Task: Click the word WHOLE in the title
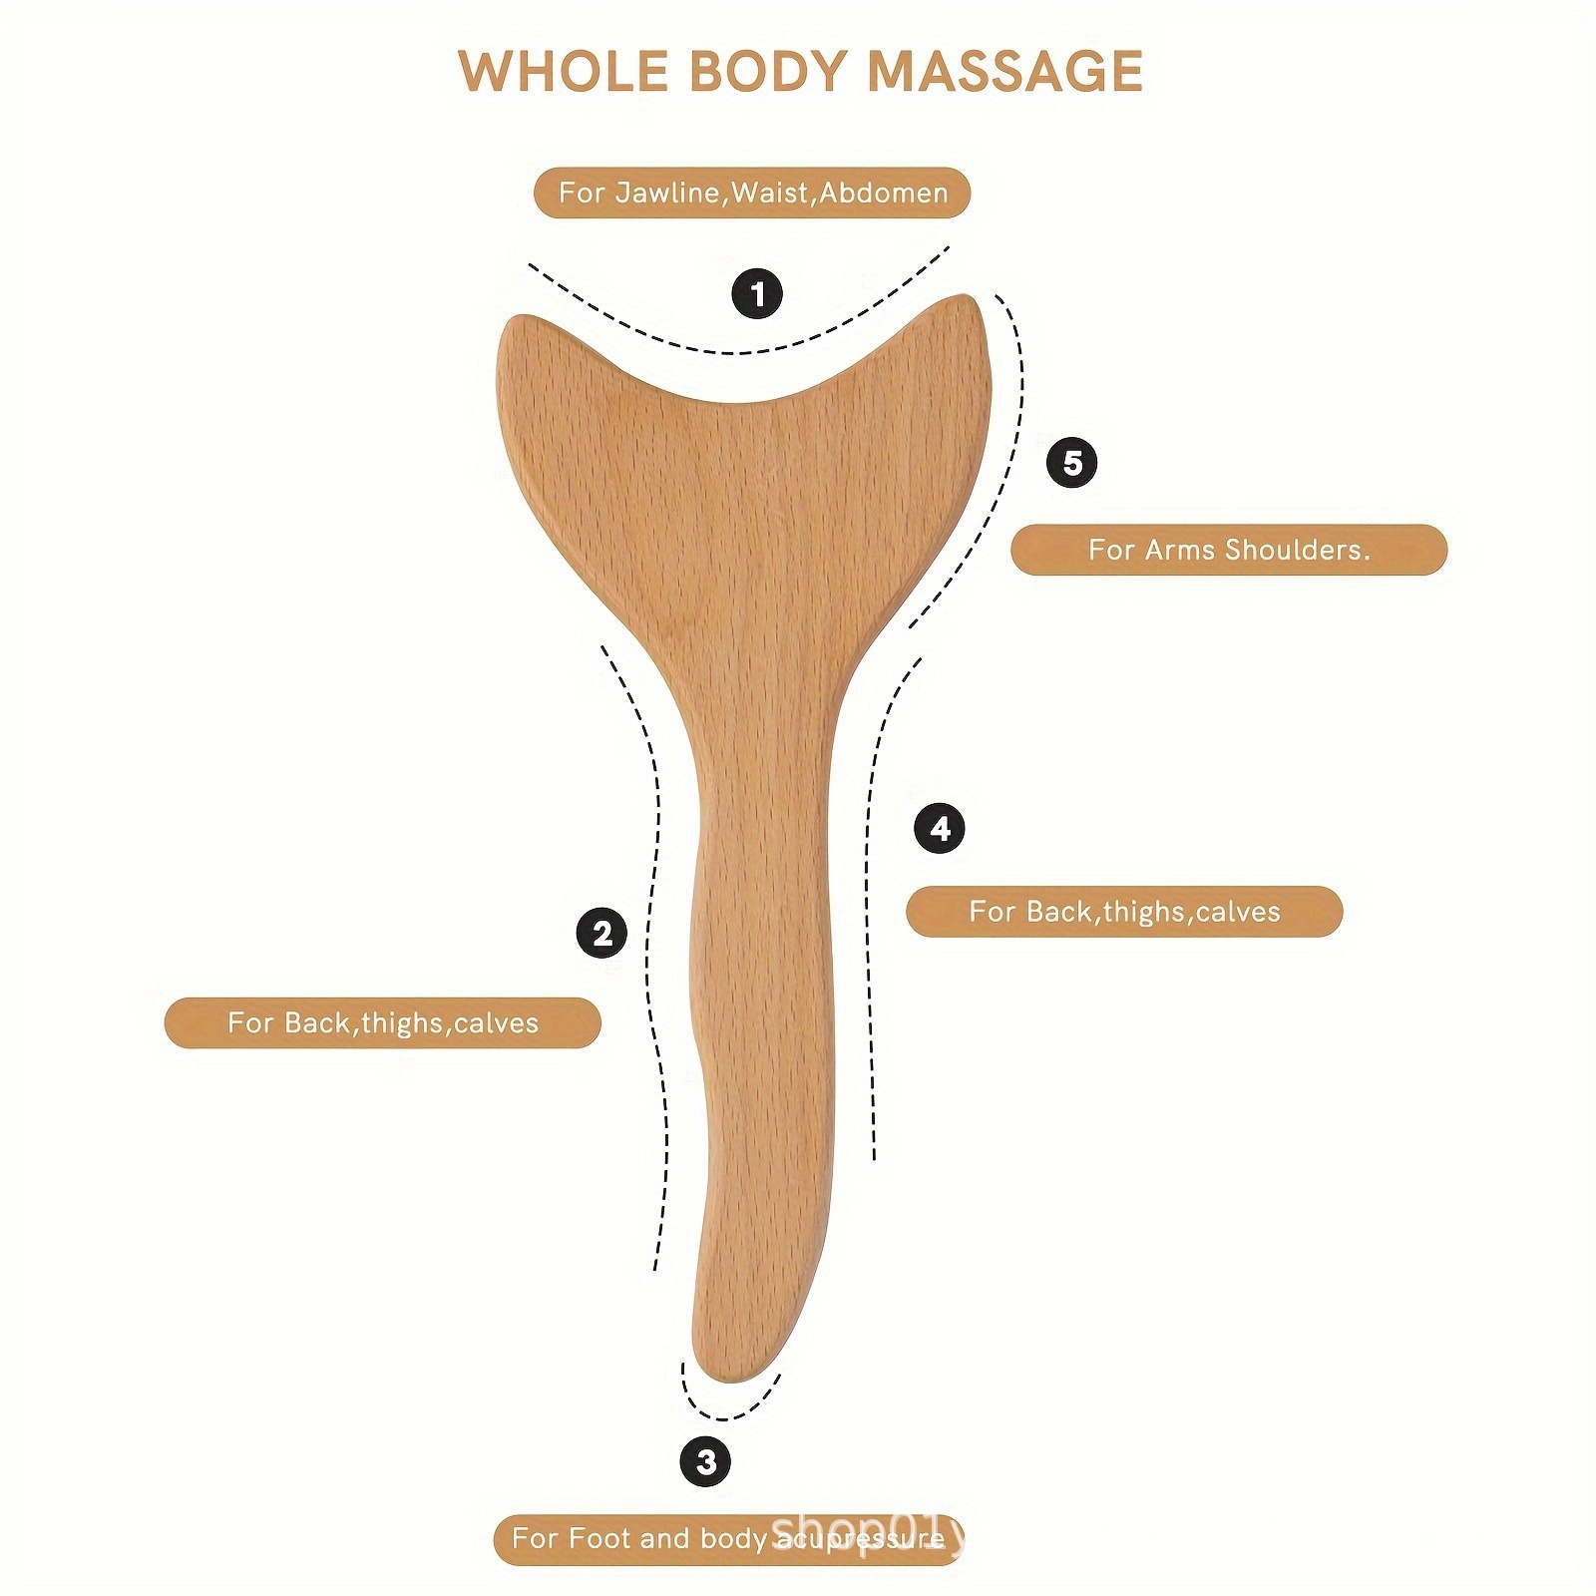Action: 563,72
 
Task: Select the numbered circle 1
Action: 757,294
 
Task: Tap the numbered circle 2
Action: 601,934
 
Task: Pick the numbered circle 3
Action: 705,1461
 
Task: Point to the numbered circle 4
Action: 939,828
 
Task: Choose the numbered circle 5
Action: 1071,463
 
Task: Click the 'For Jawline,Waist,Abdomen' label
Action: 752,193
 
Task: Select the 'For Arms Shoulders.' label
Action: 1228,550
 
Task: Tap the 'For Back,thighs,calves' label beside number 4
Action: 1124,911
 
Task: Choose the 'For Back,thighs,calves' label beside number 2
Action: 383,1022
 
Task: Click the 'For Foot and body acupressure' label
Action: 727,1538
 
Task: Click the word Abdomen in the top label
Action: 884,193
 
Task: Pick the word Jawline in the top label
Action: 667,193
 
